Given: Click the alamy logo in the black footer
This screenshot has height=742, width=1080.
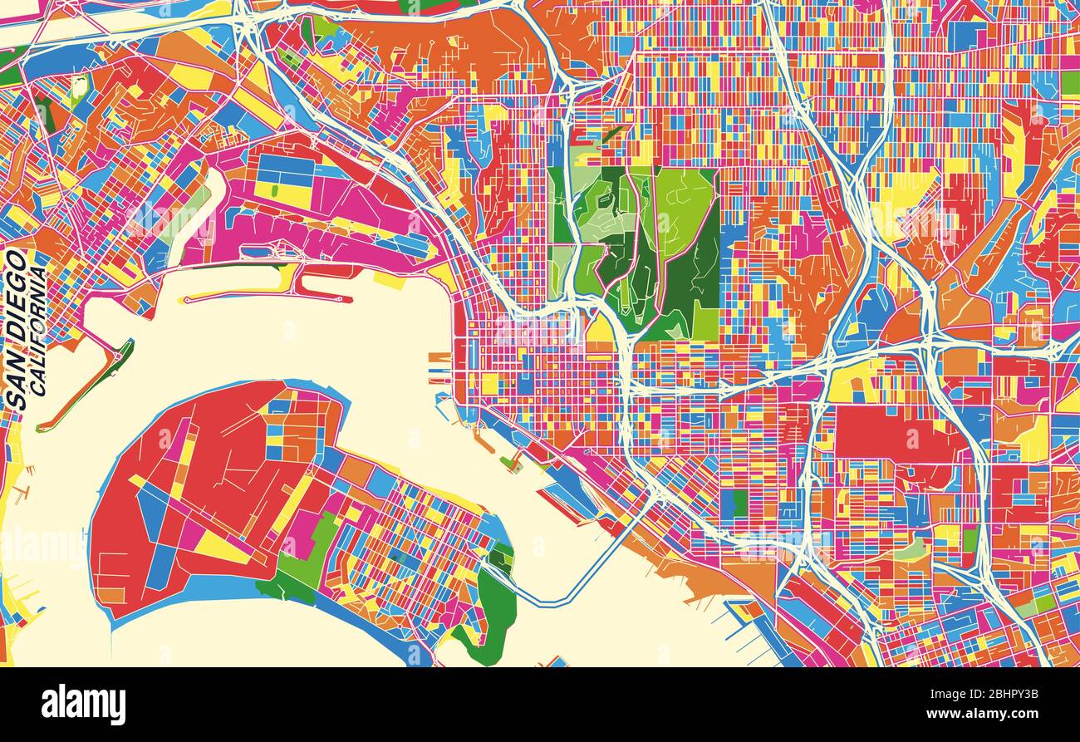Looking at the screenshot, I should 83,705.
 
